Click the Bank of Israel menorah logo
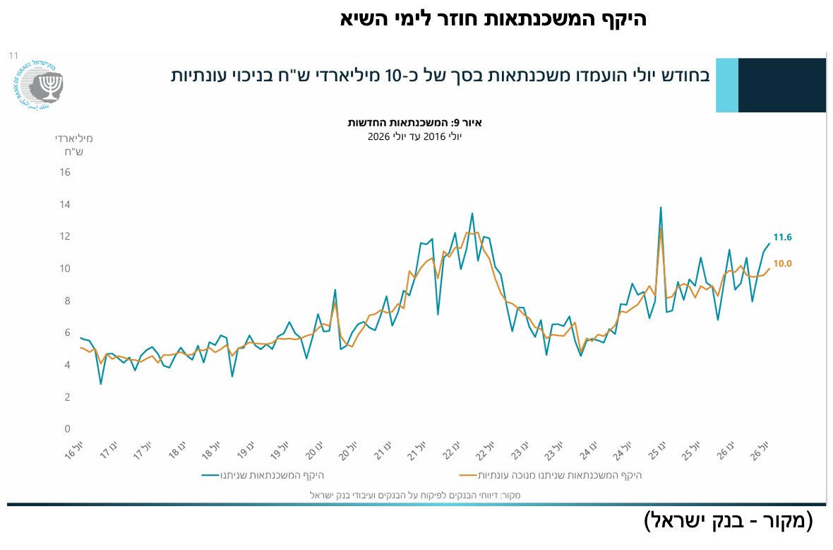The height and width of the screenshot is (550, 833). click(37, 84)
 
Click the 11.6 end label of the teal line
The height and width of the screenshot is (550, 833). click(782, 238)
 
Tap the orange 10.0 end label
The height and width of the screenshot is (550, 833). click(782, 263)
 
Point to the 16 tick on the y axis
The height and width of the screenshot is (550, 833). click(65, 172)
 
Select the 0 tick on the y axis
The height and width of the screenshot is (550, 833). click(68, 428)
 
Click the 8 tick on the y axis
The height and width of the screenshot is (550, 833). click(68, 300)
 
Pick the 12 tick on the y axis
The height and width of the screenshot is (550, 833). click(65, 236)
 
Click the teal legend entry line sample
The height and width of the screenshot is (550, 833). click(210, 475)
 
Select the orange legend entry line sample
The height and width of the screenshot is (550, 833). click(468, 475)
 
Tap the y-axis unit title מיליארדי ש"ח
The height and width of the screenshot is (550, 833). click(74, 145)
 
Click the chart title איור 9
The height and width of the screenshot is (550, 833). click(415, 123)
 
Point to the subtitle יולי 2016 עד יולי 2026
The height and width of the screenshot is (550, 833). click(415, 136)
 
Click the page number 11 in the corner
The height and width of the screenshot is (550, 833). click(13, 55)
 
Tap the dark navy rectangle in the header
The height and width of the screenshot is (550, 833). click(782, 85)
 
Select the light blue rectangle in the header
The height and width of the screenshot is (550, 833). click(727, 85)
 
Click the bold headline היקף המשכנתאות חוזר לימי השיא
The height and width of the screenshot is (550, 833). click(493, 18)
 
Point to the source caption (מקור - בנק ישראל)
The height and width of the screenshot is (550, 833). click(729, 521)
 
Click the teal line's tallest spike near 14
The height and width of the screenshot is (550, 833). click(660, 207)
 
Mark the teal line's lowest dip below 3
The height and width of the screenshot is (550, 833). click(100, 383)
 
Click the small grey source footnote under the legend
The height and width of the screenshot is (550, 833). click(415, 496)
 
